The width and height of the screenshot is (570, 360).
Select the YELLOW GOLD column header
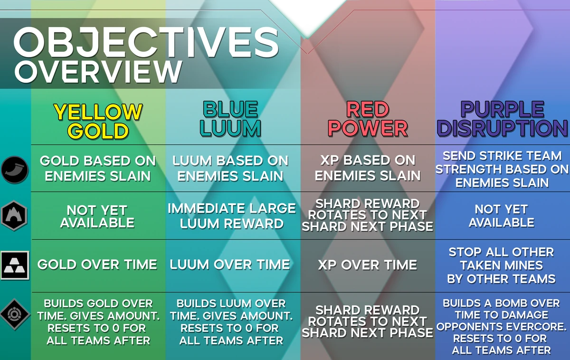(x=98, y=121)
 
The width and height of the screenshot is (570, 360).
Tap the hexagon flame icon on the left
(x=15, y=216)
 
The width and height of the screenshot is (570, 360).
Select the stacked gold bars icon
(x=15, y=265)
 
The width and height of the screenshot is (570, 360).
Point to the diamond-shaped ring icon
(x=15, y=314)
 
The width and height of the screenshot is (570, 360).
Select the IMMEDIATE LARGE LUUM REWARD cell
(x=232, y=216)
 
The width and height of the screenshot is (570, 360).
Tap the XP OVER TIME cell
(x=367, y=265)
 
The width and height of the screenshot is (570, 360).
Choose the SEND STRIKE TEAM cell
(x=502, y=169)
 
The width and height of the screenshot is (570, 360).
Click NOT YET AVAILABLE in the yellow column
(x=97, y=216)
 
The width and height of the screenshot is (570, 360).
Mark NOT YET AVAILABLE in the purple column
(x=502, y=216)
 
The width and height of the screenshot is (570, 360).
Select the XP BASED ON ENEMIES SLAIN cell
(x=367, y=168)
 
